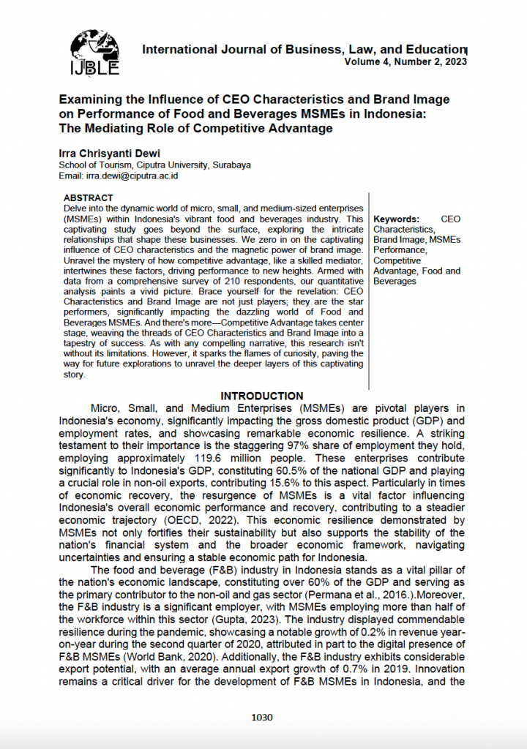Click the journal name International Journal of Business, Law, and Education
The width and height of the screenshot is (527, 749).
[304, 50]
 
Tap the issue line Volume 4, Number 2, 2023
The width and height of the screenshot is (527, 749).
[405, 62]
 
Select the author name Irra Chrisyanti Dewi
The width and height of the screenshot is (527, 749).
[109, 154]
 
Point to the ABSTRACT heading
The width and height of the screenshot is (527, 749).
[88, 197]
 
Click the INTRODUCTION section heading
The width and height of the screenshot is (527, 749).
[262, 396]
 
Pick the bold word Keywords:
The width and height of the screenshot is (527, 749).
[396, 219]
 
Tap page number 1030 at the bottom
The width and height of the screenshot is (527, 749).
[261, 717]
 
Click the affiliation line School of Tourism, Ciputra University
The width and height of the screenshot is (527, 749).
[154, 165]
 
